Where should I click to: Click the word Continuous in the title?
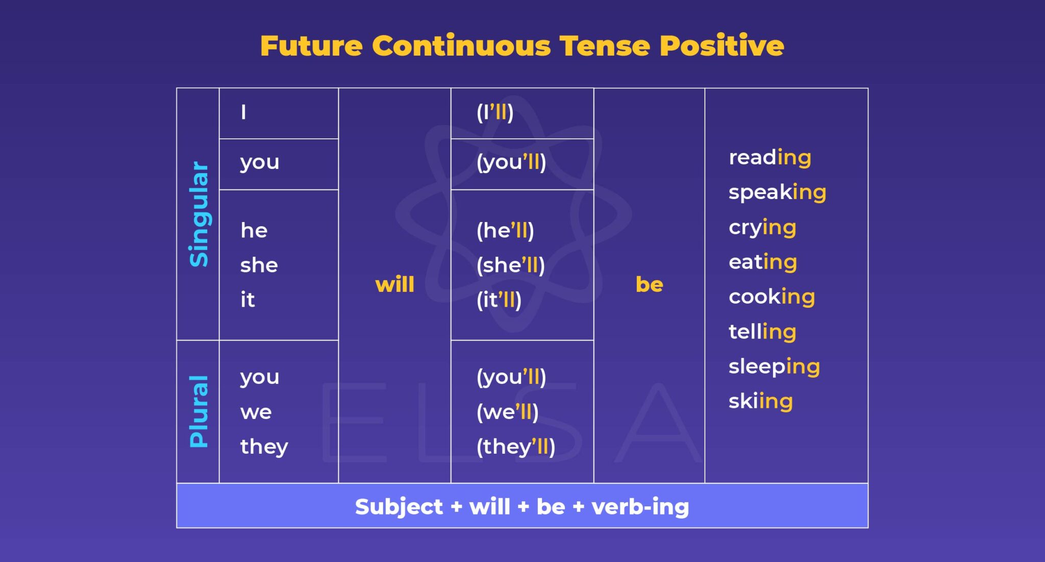pos(461,46)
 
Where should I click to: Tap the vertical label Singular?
pos(199,214)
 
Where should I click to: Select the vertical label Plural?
pos(199,411)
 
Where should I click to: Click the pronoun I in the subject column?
pos(243,112)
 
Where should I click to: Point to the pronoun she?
pos(259,265)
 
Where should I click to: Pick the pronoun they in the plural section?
pos(264,447)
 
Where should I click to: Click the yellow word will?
pos(394,284)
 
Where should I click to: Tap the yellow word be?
pos(649,284)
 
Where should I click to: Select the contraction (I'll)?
pos(494,112)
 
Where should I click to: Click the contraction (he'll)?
pos(505,231)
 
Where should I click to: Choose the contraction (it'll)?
pos(499,300)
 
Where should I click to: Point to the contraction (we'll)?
pos(507,412)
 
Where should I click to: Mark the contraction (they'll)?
pos(515,447)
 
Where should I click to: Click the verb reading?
pos(770,158)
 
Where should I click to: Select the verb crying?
pos(762,228)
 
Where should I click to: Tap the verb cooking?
pos(772,297)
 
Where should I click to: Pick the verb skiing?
pos(761,401)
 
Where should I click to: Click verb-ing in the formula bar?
pos(640,507)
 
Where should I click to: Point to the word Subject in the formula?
pos(399,507)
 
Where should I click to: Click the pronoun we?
pos(256,412)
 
